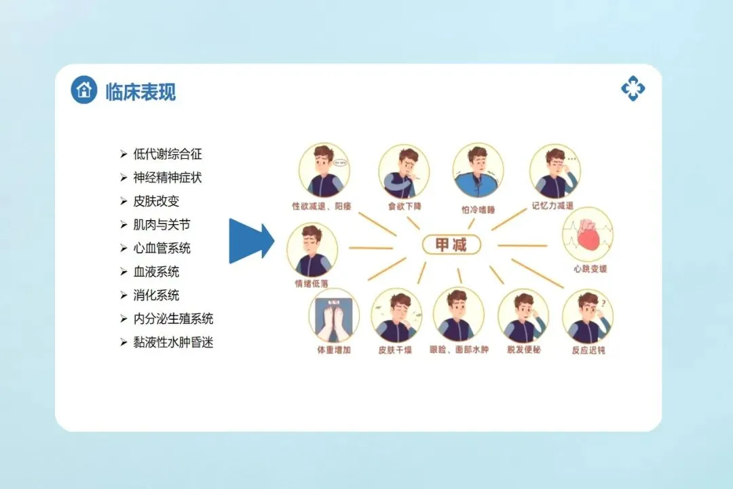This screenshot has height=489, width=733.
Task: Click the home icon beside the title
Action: click(x=84, y=90)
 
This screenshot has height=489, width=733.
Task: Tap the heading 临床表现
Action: click(x=140, y=92)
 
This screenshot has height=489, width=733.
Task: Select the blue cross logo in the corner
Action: click(x=633, y=88)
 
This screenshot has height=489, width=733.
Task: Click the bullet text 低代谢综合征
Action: click(x=168, y=154)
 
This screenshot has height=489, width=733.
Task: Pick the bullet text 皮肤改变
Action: click(x=156, y=201)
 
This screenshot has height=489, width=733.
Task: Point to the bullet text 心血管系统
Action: click(x=162, y=248)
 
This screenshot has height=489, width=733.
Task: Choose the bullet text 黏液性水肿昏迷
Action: click(x=173, y=342)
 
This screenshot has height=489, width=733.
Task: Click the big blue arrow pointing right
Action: click(x=251, y=240)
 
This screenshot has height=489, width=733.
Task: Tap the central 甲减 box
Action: click(x=450, y=244)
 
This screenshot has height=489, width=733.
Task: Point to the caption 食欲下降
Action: click(x=404, y=206)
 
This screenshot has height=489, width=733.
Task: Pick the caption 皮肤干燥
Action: click(x=396, y=351)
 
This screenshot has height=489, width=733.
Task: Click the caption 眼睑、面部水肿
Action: click(x=459, y=351)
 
